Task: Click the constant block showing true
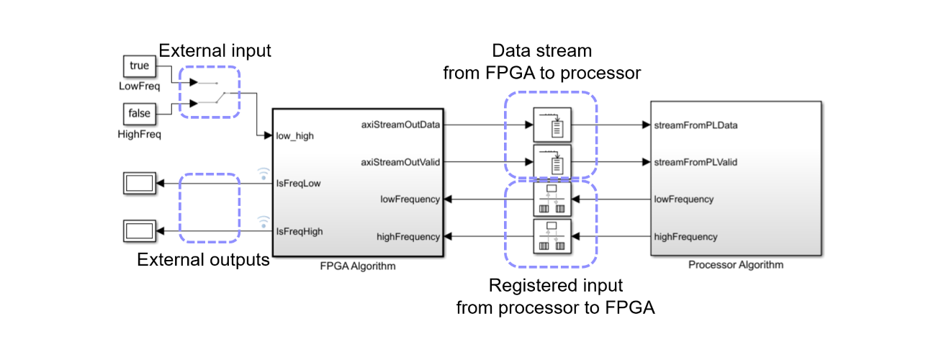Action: (139, 66)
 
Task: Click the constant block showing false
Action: (139, 114)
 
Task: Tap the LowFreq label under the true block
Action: (139, 86)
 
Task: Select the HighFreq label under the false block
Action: (140, 134)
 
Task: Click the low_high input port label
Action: (294, 135)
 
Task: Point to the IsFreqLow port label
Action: (298, 183)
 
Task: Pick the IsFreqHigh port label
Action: (300, 231)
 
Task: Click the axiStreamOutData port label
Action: (400, 125)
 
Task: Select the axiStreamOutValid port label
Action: (400, 162)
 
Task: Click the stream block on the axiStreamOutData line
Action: (552, 125)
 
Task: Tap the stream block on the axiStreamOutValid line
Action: (552, 162)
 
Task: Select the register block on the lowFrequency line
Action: (552, 199)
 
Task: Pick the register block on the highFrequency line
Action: (552, 237)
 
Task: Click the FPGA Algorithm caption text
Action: (358, 266)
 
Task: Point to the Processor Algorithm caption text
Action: (736, 265)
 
